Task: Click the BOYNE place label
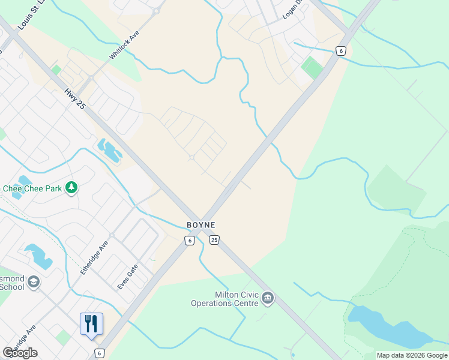pyautogui.click(x=200, y=225)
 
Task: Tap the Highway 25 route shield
pyautogui.click(x=214, y=240)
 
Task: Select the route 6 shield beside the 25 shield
pyautogui.click(x=189, y=240)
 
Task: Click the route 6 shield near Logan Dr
pyautogui.click(x=340, y=51)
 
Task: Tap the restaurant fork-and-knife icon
pyautogui.click(x=91, y=323)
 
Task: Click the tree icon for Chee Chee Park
pyautogui.click(x=71, y=188)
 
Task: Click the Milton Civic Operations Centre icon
pyautogui.click(x=268, y=298)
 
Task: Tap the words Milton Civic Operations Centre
pyautogui.click(x=224, y=299)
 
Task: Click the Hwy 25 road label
pyautogui.click(x=75, y=101)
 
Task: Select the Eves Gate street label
pyautogui.click(x=128, y=277)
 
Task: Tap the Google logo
pyautogui.click(x=20, y=353)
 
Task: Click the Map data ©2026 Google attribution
pyautogui.click(x=412, y=355)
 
